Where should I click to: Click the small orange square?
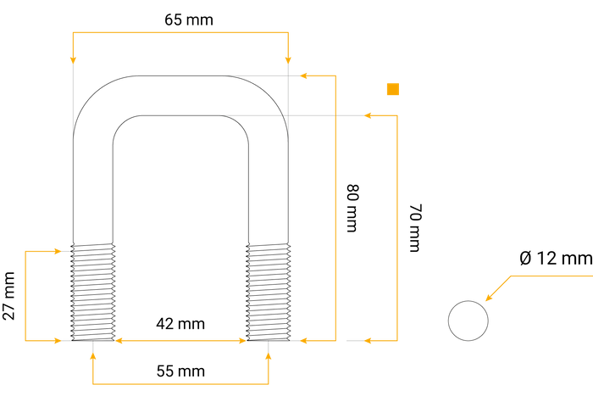coord(393,89)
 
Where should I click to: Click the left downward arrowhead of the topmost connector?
coord(74,59)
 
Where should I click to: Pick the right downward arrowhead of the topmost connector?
coord(289,59)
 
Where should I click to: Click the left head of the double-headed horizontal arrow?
coord(119,341)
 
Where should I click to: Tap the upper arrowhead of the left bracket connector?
coord(59,251)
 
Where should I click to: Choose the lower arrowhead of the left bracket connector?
coord(59,341)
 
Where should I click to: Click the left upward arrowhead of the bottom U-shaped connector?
coord(92,356)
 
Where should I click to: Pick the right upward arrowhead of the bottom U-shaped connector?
coord(269,356)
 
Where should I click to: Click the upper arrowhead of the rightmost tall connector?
coord(369,115)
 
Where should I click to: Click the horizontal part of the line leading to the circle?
coord(551,276)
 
